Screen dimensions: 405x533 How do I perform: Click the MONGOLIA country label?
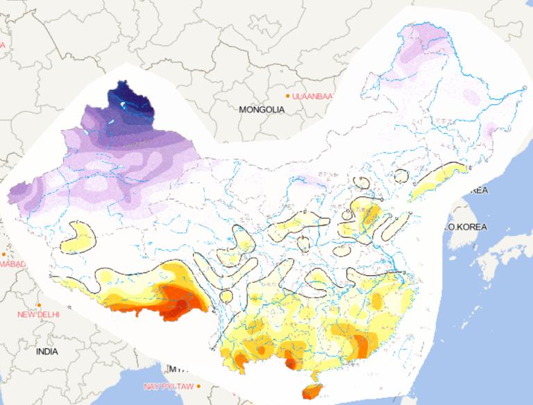pyautogui.click(x=262, y=110)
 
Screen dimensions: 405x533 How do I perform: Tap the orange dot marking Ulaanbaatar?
pyautogui.click(x=287, y=96)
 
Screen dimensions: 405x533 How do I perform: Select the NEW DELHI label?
pyautogui.click(x=39, y=315)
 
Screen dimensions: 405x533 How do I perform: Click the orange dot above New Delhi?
pyautogui.click(x=40, y=305)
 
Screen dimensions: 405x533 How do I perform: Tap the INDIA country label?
pyautogui.click(x=46, y=352)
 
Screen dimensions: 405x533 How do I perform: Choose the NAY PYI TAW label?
pyautogui.click(x=169, y=386)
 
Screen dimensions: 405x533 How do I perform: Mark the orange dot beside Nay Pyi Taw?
pyautogui.click(x=198, y=386)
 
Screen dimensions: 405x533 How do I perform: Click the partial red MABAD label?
pyautogui.click(x=12, y=264)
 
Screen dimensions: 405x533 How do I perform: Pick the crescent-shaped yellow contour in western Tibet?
pyautogui.click(x=78, y=236)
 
